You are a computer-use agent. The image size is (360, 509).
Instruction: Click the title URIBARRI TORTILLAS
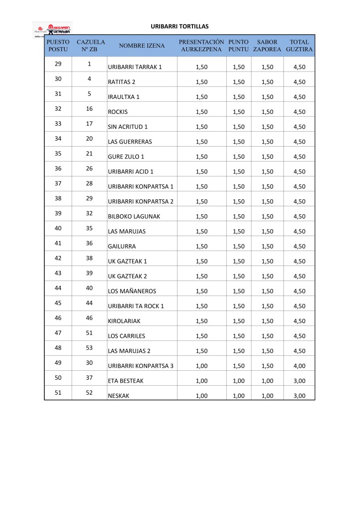coord(180,26)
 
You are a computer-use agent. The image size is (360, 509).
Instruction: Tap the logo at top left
coord(52,29)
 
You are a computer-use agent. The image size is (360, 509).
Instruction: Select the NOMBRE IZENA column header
coord(142,46)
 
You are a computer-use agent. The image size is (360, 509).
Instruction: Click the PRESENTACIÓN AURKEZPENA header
coord(201,46)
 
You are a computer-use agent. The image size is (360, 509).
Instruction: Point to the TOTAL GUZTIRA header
coord(299,46)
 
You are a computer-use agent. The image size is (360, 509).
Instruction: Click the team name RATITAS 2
coord(122,82)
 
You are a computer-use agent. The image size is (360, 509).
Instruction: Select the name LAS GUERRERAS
coord(130,142)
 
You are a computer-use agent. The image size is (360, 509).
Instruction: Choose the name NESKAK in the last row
coord(118,395)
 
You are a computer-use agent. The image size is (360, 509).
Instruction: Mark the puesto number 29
coord(58,64)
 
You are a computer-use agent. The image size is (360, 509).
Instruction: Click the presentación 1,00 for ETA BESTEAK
coord(201,381)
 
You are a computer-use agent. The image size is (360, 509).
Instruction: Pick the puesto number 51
coord(58,392)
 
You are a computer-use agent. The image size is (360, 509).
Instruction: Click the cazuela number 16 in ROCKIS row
coord(90,109)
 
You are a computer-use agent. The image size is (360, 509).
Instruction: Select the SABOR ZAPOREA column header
coord(267,46)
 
